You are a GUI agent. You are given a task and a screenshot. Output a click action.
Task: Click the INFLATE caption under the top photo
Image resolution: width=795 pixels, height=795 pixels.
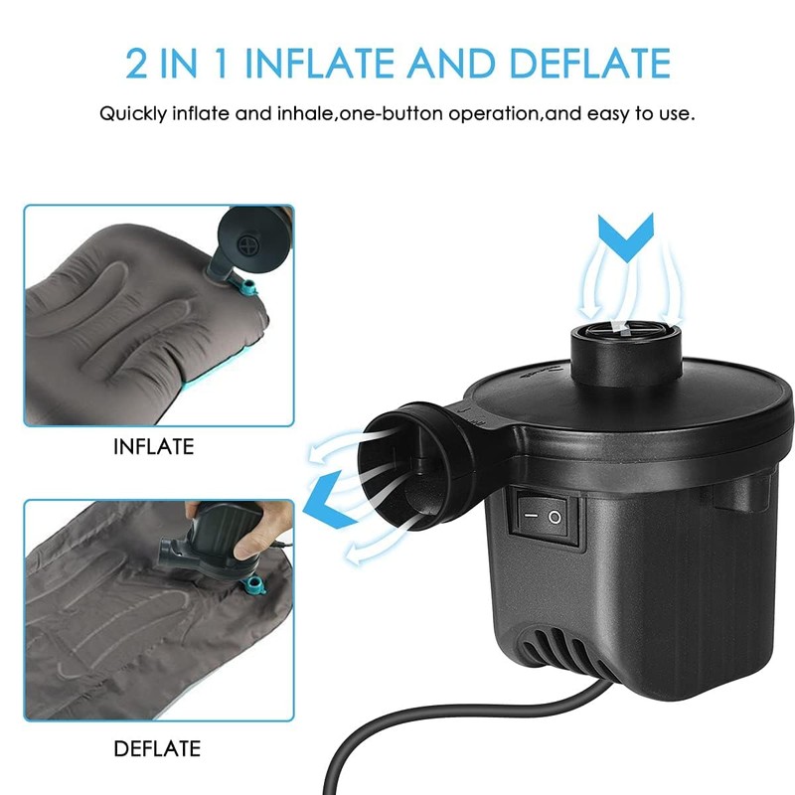click(153, 448)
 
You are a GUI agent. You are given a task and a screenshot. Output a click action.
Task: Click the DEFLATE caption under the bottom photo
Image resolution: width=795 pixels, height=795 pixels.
click(157, 748)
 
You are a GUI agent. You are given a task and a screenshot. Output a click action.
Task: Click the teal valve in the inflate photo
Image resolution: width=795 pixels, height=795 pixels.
click(240, 286)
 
